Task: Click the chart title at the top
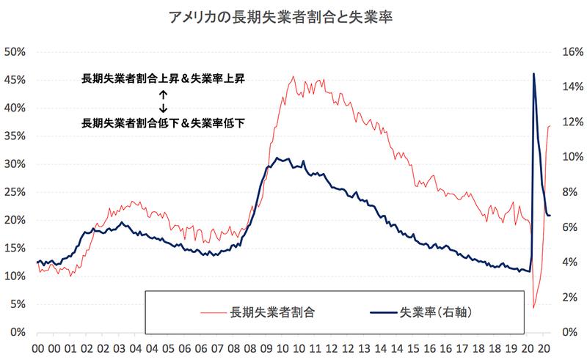click(x=293, y=17)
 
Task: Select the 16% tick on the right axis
click(x=570, y=52)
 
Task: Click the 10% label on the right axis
click(x=570, y=157)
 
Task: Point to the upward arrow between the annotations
click(x=163, y=95)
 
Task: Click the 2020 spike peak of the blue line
click(x=533, y=73)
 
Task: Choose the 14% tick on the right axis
click(x=570, y=87)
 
